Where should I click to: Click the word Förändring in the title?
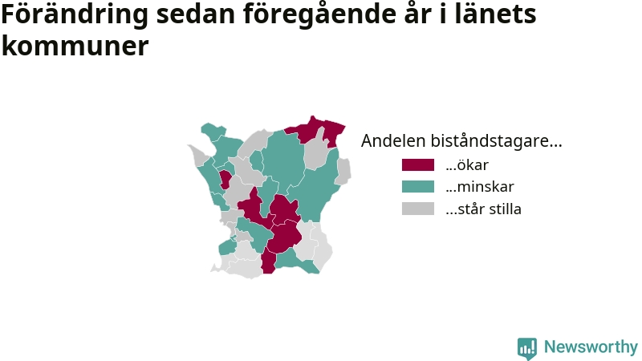coord(75,14)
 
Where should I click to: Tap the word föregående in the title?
coord(319,14)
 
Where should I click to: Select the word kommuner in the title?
coord(75,46)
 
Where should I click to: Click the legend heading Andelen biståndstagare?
coord(461,141)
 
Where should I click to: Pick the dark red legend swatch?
coord(418,165)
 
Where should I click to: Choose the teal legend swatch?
coord(418,187)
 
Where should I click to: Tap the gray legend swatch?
coord(418,209)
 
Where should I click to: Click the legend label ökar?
coord(467,165)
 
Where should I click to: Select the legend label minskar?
coord(480,187)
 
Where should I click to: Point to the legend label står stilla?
coord(484,209)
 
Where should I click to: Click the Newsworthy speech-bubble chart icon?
coord(527,348)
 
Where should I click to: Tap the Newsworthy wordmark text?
coord(591,347)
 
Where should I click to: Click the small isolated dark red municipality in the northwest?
coord(226,179)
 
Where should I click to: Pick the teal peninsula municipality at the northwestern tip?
coord(213,131)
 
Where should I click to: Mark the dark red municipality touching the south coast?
coord(268,261)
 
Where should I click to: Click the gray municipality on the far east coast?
coord(343,171)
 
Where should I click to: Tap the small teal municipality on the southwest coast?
coord(227,247)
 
